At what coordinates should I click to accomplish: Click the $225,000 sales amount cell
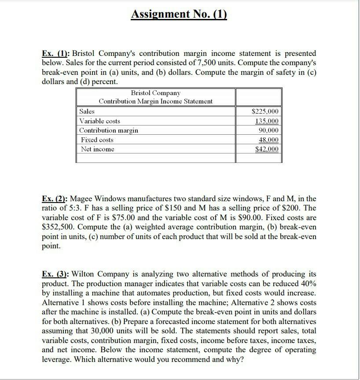[264, 111]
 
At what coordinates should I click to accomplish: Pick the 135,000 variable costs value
[267, 121]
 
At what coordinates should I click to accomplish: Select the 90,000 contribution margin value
[268, 130]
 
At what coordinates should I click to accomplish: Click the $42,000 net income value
[267, 149]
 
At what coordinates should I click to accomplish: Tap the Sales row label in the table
[87, 111]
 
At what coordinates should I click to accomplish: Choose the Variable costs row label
[99, 121]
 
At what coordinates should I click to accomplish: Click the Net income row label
[98, 149]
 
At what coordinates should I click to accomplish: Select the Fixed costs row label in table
[97, 140]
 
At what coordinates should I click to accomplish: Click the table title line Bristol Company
[156, 93]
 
